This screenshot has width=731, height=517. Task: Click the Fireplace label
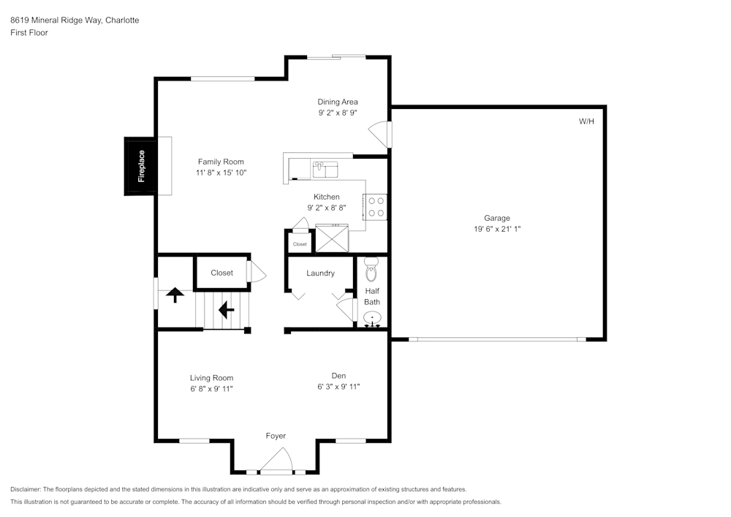pos(142,166)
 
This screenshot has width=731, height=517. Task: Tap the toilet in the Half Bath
pos(371,270)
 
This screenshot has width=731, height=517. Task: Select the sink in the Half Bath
pos(373,318)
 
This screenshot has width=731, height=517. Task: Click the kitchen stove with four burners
pos(376,206)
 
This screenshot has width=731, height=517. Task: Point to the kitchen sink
pos(325,170)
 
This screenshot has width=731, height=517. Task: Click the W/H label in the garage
pos(586,121)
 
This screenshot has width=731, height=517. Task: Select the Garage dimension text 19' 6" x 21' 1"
pos(497,229)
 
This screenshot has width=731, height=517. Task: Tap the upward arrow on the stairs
pos(175,295)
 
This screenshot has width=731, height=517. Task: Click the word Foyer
pos(276,436)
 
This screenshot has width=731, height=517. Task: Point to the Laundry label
pos(320,273)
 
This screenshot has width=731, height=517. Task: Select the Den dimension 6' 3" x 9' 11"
pos(338,387)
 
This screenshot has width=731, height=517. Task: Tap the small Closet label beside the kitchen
pos(300,244)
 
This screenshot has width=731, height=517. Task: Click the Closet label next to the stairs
pos(221,273)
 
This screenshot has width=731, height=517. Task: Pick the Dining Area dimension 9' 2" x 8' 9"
pos(337,113)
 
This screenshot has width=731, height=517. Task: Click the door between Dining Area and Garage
pos(382,135)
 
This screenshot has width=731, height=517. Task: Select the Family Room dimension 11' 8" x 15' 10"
pos(221,173)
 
